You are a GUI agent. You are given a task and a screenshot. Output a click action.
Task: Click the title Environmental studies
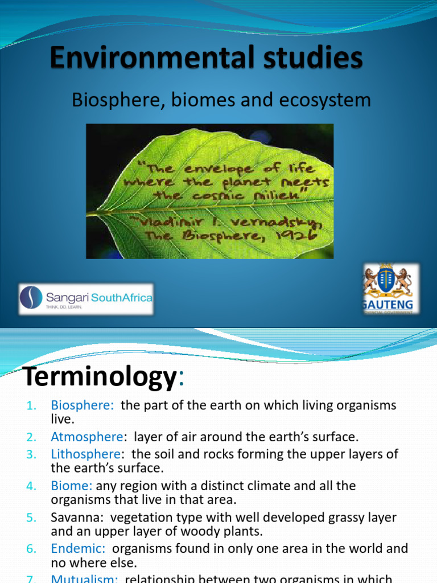click(205, 59)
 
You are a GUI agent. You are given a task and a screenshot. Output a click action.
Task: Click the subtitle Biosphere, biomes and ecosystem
click(221, 100)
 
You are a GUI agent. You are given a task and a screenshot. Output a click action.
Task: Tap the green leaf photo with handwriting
click(209, 191)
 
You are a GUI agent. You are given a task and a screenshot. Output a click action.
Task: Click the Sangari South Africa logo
click(86, 299)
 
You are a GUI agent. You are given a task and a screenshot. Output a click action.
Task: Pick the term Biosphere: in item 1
click(83, 405)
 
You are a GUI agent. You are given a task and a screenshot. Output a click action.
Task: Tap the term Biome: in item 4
click(72, 486)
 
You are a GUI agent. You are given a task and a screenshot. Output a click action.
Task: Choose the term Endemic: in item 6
click(79, 548)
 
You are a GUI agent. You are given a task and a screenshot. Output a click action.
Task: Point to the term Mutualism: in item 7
click(85, 578)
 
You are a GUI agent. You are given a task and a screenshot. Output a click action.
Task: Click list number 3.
click(31, 454)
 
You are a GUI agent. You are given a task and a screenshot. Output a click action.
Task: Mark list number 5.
click(31, 517)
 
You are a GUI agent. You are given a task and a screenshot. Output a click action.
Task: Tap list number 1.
click(32, 405)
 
